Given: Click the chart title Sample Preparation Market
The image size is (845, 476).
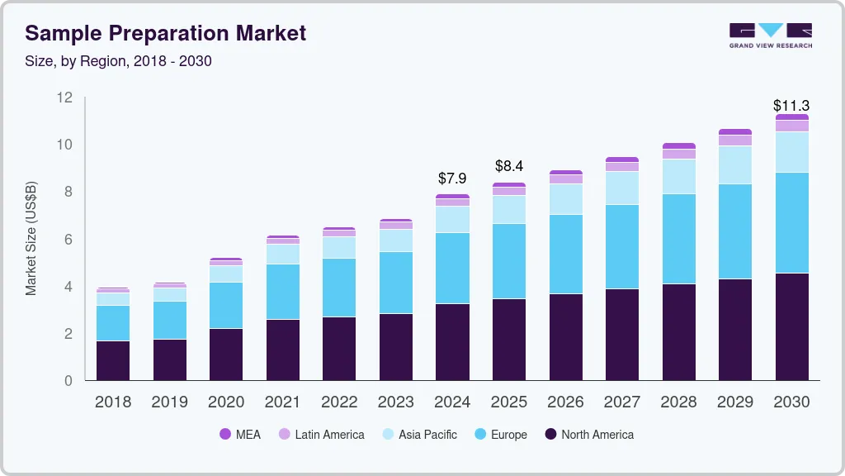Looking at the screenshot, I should [166, 33].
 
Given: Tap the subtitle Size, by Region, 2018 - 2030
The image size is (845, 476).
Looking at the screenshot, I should [119, 61].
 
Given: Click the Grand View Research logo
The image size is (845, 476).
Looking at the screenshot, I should [770, 35].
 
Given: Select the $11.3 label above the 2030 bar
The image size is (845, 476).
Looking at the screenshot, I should [791, 106].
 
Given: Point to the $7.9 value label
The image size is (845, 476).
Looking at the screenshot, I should [452, 178].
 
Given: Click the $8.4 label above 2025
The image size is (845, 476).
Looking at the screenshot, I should [509, 166].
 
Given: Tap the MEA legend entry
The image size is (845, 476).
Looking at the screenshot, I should [240, 434].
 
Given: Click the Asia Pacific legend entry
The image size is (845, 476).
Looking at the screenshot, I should [418, 434].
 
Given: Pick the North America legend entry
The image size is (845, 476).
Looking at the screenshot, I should [588, 434].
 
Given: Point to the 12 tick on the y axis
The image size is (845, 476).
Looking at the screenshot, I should [64, 98].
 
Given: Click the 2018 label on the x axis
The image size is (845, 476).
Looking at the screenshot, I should [113, 402].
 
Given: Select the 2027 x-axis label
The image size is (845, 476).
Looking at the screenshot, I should [621, 402].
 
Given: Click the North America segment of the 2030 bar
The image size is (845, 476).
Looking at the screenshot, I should [791, 326].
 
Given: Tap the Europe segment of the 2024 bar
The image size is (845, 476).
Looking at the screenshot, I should [452, 268].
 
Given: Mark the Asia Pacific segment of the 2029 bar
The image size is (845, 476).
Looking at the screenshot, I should [734, 164].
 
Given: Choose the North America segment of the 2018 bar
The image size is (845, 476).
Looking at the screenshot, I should [113, 360].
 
